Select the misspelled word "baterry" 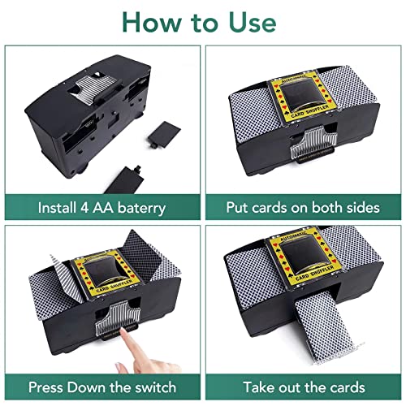140,208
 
